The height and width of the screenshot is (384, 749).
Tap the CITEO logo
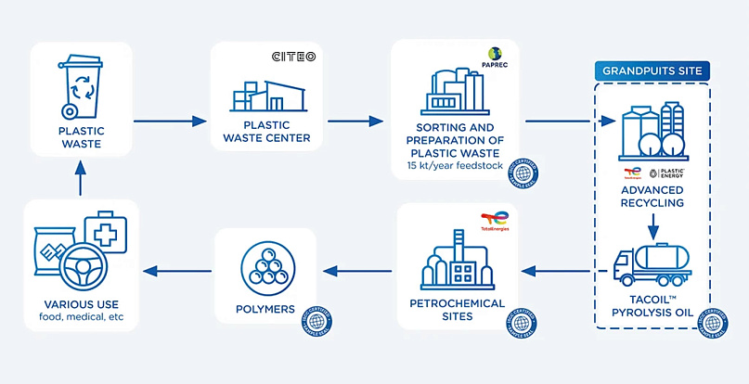pos(292,57)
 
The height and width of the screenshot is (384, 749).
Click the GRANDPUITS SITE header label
pos(652,70)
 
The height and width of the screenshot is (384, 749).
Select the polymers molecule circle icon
pos(266,266)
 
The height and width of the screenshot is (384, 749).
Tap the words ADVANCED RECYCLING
pos(653,196)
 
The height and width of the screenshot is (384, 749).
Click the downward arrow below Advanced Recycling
pos(653,225)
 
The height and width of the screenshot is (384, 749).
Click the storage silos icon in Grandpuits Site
pos(653,131)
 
